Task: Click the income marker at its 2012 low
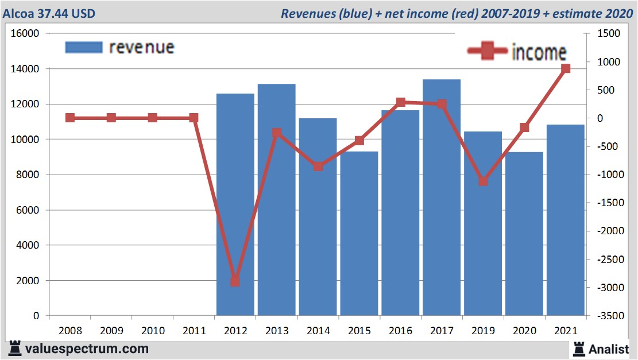point(235,281)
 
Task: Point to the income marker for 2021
point(566,69)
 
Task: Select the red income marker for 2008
point(70,118)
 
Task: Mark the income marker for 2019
point(483,181)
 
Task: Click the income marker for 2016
point(400,102)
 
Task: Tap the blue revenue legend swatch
point(84,47)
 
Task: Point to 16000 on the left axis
point(25,34)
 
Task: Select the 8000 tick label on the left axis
point(28,175)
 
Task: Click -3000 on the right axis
point(608,287)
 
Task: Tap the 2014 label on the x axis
point(318,331)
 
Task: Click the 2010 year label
point(152,331)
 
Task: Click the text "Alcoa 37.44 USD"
point(49,13)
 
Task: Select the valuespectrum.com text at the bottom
point(87,349)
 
